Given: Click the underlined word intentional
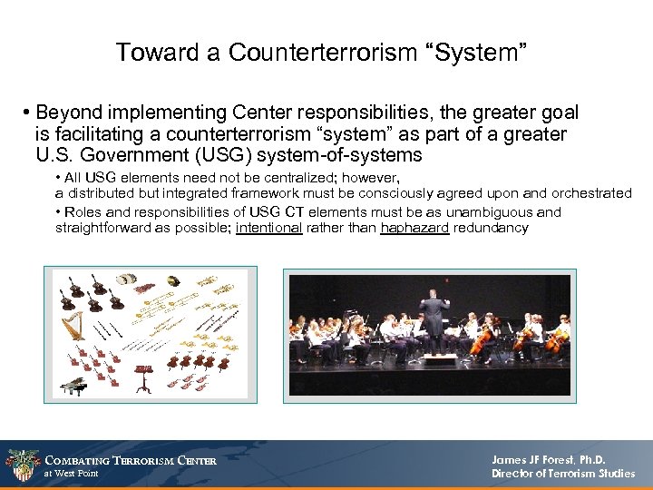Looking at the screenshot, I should tap(268, 228).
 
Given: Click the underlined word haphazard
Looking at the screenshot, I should tap(414, 228).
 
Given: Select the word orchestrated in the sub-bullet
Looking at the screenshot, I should tap(588, 192).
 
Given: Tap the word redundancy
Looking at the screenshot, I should tap(491, 228).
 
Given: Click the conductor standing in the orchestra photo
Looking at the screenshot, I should tap(433, 318).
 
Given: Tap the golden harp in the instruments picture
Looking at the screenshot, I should tap(73, 328).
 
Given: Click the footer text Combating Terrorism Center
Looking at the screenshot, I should tap(131, 460).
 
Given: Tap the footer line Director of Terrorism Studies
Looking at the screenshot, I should tap(563, 474).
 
